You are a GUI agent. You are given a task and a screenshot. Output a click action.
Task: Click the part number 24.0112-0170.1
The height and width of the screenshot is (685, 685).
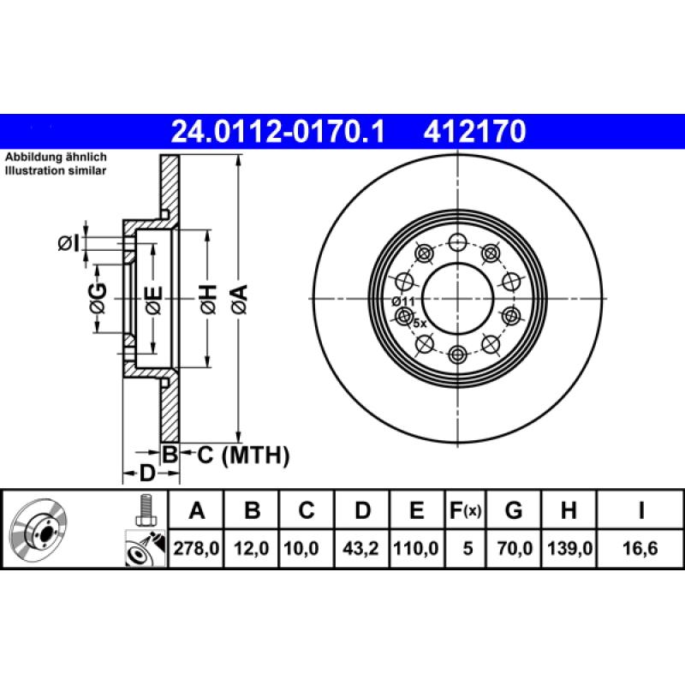[x=279, y=132]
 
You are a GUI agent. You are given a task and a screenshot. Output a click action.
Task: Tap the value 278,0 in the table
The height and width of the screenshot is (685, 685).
[x=197, y=549]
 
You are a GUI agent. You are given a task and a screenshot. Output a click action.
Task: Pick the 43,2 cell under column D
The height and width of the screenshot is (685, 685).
[x=362, y=549]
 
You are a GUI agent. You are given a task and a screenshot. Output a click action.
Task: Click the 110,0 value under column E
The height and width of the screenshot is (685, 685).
[x=416, y=549]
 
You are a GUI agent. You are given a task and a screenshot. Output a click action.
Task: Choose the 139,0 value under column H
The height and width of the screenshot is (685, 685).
[x=567, y=549]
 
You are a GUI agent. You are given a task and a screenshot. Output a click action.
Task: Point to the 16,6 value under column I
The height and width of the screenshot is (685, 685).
[x=640, y=549]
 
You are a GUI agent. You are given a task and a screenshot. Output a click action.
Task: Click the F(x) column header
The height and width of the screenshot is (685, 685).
[x=466, y=511]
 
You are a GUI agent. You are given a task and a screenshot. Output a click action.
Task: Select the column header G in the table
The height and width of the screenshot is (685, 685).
[x=514, y=511]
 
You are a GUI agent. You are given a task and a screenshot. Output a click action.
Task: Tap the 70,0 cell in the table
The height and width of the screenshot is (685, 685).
[x=514, y=549]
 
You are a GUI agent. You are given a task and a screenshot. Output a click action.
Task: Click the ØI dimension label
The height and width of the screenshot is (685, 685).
[x=68, y=244]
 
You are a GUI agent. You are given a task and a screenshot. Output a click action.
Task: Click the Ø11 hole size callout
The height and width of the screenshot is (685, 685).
[x=402, y=301]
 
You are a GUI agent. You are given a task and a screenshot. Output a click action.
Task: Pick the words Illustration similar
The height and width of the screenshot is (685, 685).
[x=56, y=171]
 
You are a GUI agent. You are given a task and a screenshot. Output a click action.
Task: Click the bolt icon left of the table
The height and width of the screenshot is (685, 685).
[x=144, y=511]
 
